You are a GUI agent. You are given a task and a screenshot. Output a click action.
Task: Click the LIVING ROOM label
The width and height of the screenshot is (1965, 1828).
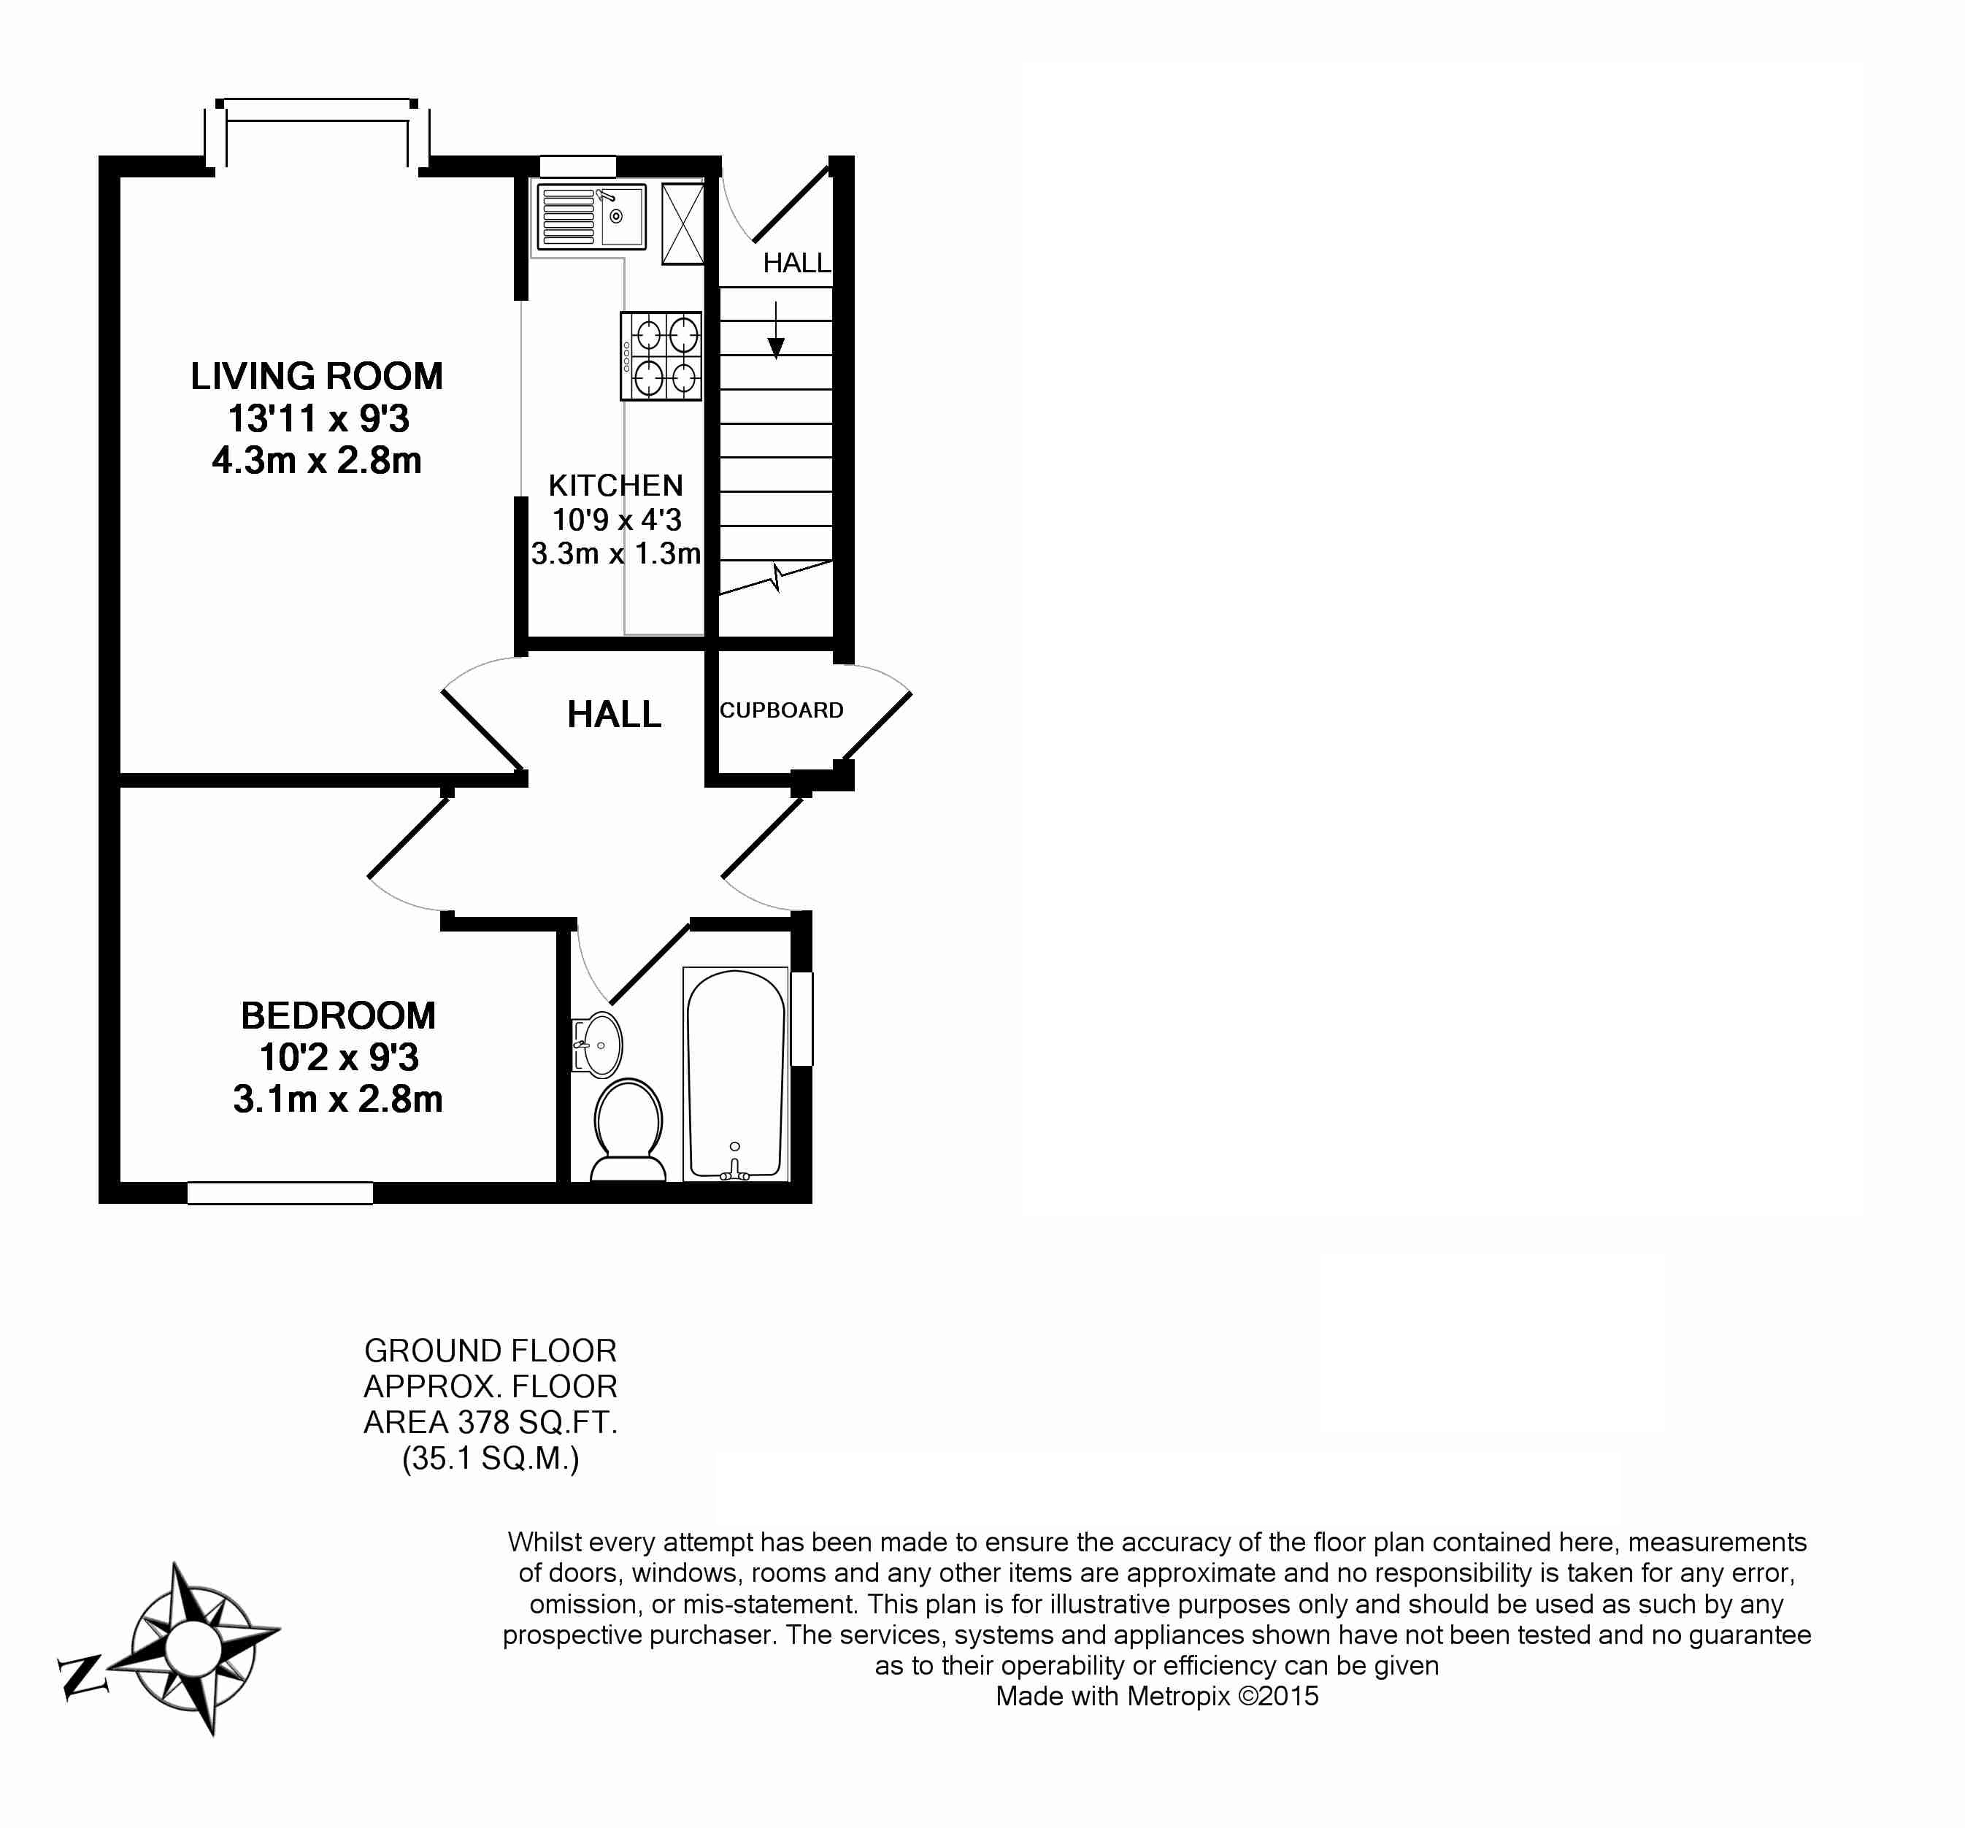pos(316,377)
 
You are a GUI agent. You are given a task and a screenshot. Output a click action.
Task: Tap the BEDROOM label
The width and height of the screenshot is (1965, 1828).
pos(338,1015)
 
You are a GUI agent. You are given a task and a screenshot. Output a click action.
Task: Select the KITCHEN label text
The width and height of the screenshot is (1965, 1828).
pos(616,485)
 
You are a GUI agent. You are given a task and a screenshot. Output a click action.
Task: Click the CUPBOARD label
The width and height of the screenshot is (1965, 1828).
pos(781,710)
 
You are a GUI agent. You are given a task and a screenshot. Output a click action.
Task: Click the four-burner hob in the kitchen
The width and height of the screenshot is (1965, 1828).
pos(661,356)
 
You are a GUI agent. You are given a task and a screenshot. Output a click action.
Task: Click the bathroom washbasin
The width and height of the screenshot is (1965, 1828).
pos(597,1044)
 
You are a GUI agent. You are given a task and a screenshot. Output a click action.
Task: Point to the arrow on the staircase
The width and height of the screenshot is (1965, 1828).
pos(776,330)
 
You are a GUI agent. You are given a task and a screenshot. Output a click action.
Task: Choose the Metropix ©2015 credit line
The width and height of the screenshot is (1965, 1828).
pos(1156,1697)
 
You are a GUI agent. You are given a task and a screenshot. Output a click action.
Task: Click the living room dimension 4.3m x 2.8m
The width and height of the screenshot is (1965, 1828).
pos(316,461)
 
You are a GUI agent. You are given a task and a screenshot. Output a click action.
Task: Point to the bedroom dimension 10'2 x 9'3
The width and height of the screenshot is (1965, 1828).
pos(338,1058)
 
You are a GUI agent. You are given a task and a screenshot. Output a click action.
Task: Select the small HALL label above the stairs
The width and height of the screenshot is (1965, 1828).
pos(796,263)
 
